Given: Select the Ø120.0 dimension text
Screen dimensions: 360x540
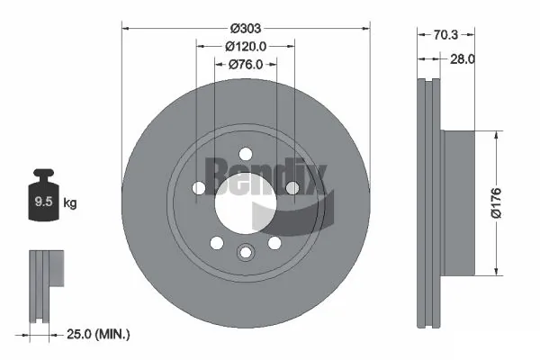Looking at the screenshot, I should [x=246, y=46].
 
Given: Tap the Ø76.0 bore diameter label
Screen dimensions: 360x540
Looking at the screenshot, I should [x=246, y=64].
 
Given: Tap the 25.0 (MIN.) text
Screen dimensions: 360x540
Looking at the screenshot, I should [x=98, y=334].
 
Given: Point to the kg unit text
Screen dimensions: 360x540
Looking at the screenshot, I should [x=70, y=203].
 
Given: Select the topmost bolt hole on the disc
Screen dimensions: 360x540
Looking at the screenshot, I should [x=246, y=155].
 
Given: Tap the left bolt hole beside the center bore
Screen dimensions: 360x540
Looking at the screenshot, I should [x=199, y=188].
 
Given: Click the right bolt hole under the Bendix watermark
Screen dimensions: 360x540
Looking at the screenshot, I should [x=292, y=188].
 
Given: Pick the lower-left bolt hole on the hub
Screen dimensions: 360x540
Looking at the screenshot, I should [x=217, y=243].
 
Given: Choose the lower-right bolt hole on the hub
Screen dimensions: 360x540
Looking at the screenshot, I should [x=274, y=243].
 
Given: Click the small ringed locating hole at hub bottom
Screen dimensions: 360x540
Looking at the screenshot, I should [x=246, y=253].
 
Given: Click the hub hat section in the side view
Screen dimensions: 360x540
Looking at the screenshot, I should [x=459, y=202].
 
